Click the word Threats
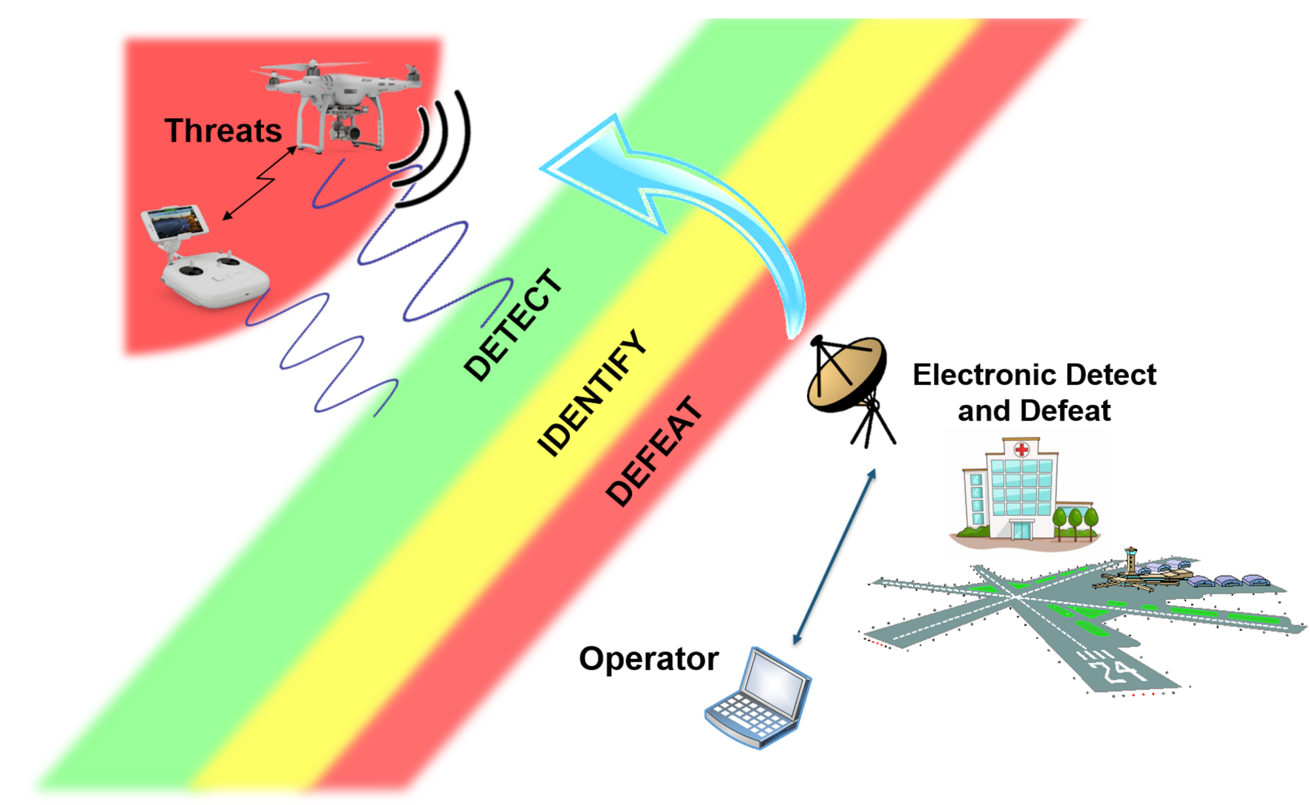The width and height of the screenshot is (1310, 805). (x=223, y=131)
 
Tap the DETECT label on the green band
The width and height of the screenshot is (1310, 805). (x=514, y=325)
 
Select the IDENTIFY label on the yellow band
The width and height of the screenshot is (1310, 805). (x=592, y=392)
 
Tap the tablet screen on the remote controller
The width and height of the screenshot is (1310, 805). (x=175, y=221)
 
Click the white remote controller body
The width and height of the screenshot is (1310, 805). (x=216, y=278)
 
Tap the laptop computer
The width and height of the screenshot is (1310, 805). (x=760, y=698)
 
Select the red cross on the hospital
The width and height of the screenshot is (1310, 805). (x=1021, y=449)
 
